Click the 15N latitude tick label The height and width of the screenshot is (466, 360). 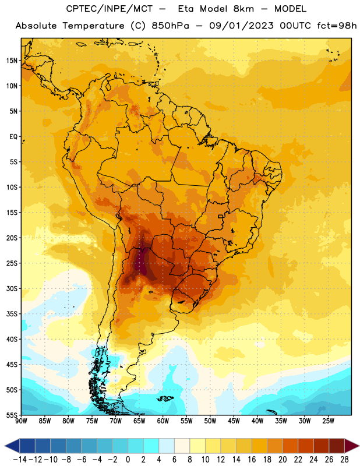[12, 61]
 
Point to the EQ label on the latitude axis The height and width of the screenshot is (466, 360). [13, 137]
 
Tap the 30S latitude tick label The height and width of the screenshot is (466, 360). [12, 288]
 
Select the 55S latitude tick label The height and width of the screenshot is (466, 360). [12, 415]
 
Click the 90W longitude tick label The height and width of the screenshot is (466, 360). [21, 421]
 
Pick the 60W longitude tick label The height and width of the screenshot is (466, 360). [163, 421]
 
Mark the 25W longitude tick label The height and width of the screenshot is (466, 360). [329, 421]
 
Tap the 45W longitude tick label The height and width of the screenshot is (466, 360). [234, 421]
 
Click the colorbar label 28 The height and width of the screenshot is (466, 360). [344, 460]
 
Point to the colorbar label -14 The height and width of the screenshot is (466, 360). [20, 460]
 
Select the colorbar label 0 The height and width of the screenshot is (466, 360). [128, 460]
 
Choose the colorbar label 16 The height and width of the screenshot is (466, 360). [252, 460]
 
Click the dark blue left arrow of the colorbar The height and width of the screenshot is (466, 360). [12, 446]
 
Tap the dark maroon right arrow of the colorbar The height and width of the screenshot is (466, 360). [352, 446]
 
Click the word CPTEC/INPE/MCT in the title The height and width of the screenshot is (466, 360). [110, 9]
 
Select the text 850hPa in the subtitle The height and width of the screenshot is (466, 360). [170, 26]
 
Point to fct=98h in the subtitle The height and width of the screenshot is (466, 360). [337, 26]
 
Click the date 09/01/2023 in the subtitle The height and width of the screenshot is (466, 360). [241, 26]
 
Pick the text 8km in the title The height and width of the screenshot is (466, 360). [243, 9]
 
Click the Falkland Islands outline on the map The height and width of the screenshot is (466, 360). [165, 398]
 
